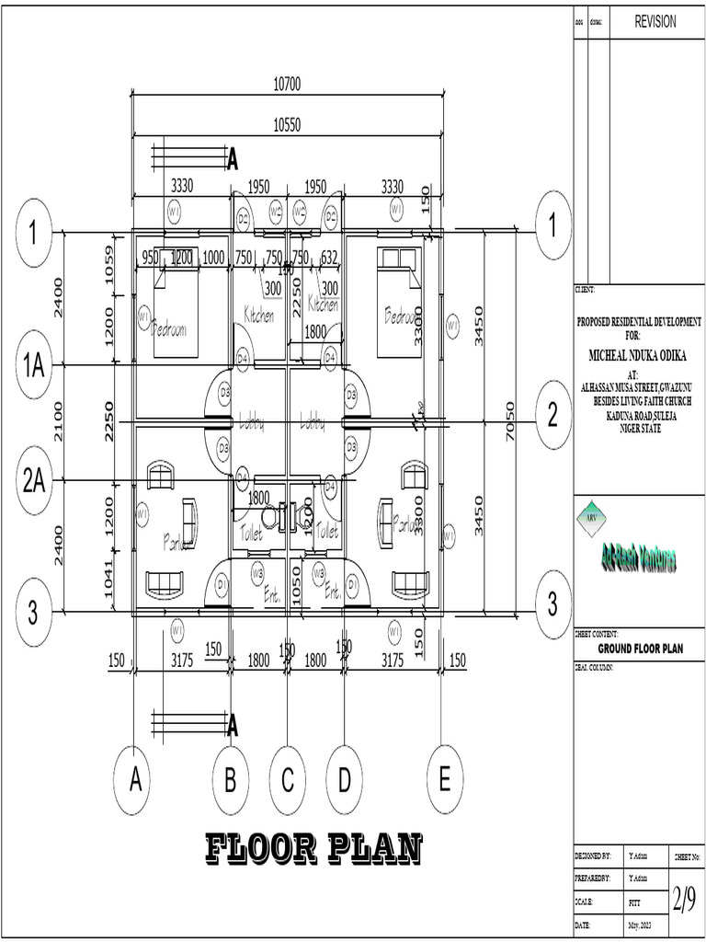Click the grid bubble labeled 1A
click(x=34, y=365)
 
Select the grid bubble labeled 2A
click(x=34, y=480)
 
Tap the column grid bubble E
click(x=445, y=781)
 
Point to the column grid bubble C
click(x=288, y=782)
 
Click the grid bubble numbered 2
click(x=552, y=416)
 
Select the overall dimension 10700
click(x=287, y=85)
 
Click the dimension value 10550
click(x=287, y=124)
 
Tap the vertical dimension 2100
click(x=59, y=421)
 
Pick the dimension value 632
click(x=328, y=257)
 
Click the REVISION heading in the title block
click(x=655, y=22)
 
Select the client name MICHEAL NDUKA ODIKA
click(x=638, y=354)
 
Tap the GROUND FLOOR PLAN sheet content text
click(x=640, y=649)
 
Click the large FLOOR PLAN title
click(x=313, y=848)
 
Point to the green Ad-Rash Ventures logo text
click(x=638, y=559)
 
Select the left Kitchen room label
click(x=258, y=316)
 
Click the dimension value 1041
click(x=109, y=579)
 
